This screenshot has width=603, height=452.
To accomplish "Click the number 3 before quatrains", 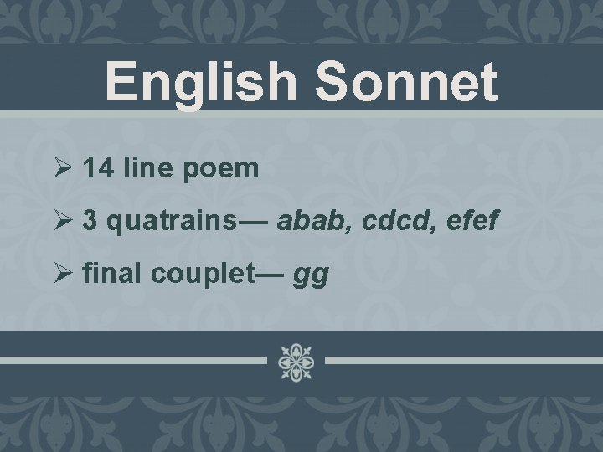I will (90, 221).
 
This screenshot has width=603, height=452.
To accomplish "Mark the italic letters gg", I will (312, 275).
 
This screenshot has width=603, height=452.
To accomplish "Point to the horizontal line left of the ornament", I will (134, 361).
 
